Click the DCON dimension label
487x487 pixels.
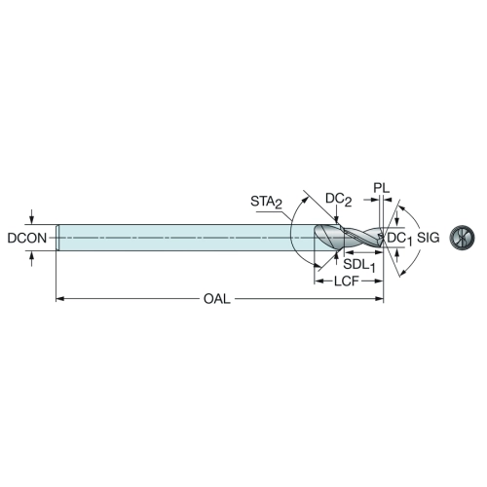(x=27, y=239)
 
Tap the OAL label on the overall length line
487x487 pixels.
(x=217, y=299)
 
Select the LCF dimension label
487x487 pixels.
(x=347, y=281)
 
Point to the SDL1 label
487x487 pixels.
(x=359, y=265)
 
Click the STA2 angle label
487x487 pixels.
(x=266, y=203)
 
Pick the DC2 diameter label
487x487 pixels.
(x=338, y=199)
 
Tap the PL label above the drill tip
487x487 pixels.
(x=381, y=188)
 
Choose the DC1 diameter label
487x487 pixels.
(x=399, y=239)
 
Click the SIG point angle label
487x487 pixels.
(x=429, y=238)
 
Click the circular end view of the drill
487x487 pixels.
(x=462, y=238)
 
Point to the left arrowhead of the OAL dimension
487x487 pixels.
(x=60, y=299)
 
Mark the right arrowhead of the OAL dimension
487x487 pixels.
(x=379, y=299)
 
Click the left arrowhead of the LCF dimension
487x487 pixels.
(x=318, y=281)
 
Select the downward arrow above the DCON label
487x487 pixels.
(x=31, y=217)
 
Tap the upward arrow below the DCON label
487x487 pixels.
(x=31, y=259)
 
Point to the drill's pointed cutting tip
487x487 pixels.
(x=384, y=238)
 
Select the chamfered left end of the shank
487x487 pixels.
(x=57, y=238)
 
